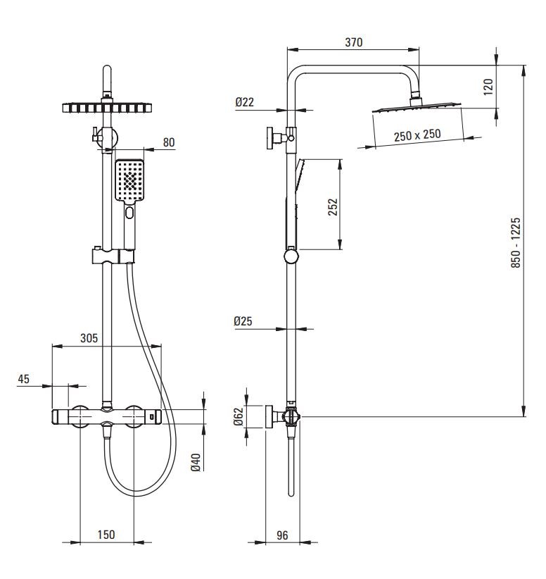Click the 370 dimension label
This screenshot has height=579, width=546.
353,42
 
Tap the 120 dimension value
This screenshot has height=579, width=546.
488,87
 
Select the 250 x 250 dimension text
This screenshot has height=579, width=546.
417,135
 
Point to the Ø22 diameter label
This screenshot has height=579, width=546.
245,102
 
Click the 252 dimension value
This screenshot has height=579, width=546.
334,206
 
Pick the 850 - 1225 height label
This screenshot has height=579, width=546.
516,242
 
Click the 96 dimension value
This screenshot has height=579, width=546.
282,535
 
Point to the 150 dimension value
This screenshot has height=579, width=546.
106,535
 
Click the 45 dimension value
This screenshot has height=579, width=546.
24,379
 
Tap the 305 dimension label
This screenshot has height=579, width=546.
89,338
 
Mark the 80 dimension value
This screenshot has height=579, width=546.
169,142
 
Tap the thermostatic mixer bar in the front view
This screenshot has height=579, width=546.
106,417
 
